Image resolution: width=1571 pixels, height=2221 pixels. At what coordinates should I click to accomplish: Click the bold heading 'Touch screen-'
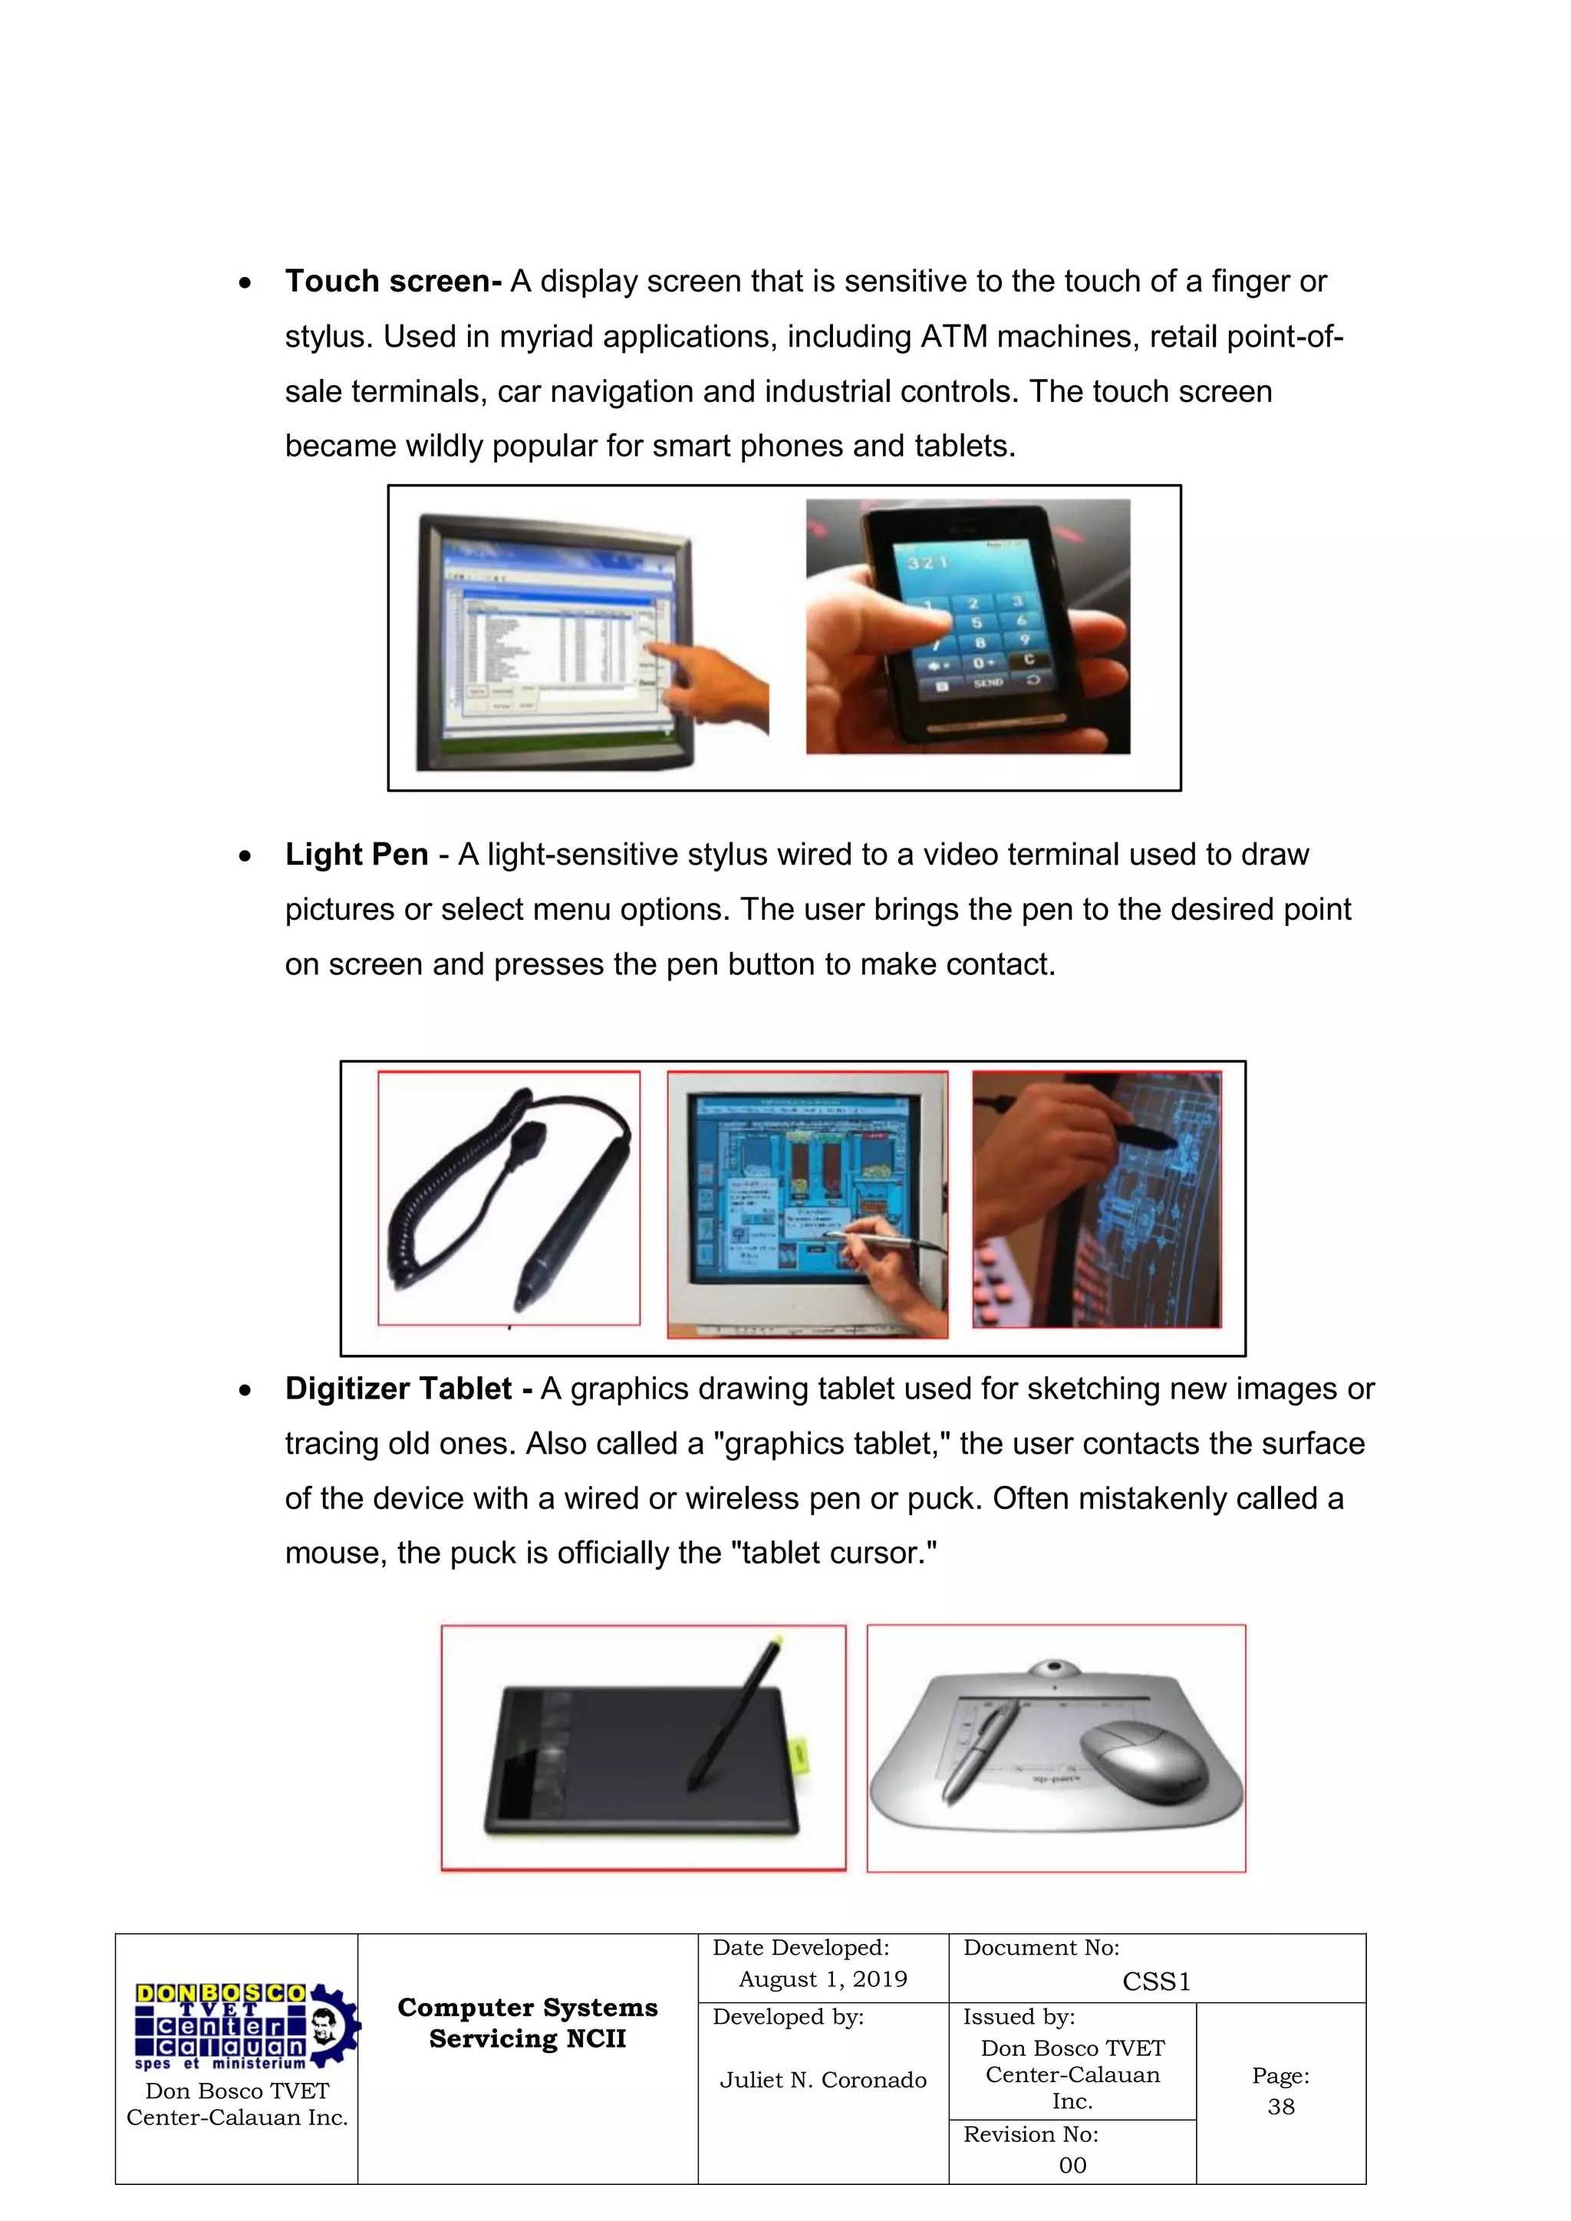coord(393,282)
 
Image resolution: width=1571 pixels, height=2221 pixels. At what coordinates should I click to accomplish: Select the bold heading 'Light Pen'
coord(356,855)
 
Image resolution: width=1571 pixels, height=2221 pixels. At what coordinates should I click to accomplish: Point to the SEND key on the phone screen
coord(988,683)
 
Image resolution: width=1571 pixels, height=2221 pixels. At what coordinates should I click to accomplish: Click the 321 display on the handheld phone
coord(927,562)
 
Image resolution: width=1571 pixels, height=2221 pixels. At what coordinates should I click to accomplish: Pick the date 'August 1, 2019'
coord(822,1979)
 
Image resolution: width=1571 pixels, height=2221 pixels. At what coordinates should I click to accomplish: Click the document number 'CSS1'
coord(1156,1982)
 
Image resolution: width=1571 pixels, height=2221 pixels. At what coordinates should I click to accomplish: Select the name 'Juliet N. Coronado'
coord(822,2080)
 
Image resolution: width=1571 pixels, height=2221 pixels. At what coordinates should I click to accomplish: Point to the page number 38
coord(1281,2107)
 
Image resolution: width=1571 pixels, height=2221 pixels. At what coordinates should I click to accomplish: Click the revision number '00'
coord(1072,2165)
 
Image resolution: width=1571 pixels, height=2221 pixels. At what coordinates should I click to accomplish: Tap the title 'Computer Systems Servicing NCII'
coord(527,2023)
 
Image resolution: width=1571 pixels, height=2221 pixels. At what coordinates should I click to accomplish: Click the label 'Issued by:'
coord(1019,2017)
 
